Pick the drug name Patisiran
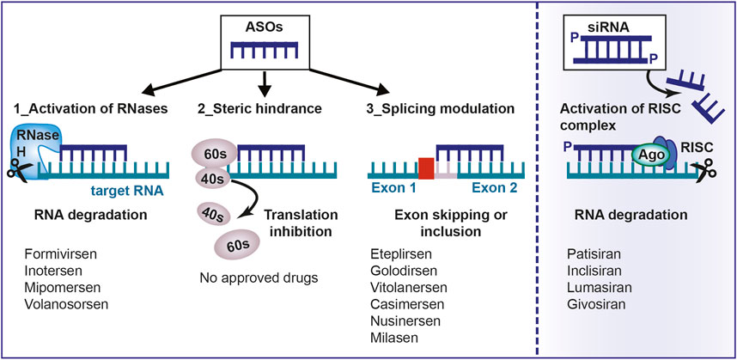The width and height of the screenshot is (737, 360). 594,255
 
